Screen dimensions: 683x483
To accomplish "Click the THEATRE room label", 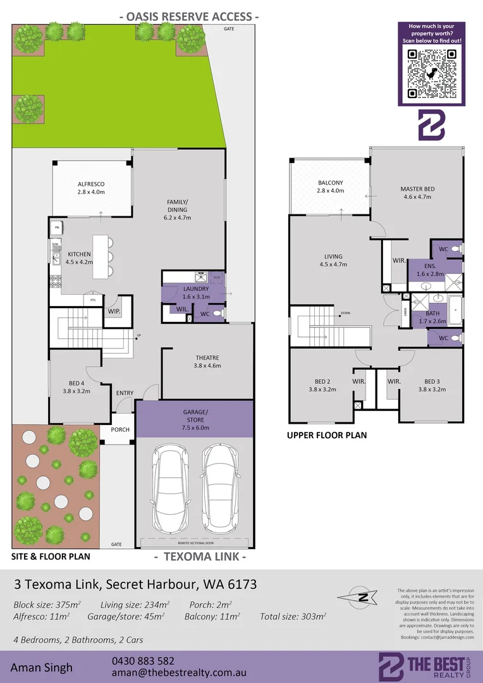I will click(207, 360).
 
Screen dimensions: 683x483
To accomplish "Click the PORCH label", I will click(120, 429).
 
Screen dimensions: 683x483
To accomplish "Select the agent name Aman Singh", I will click(42, 667).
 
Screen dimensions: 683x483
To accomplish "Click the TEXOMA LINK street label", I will click(200, 557).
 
